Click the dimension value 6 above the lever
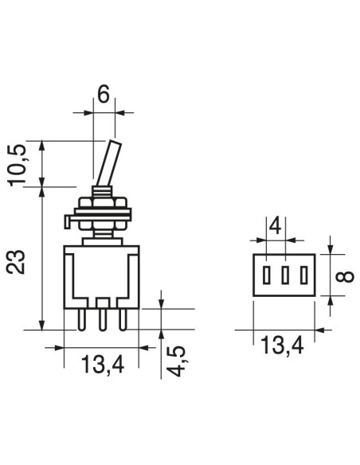104,94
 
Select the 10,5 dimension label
18,165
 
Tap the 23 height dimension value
15,262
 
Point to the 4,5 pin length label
177,361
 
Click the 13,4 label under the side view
102,365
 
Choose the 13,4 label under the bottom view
282,346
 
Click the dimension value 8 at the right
345,276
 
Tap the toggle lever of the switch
109,163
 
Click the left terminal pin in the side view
81,320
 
